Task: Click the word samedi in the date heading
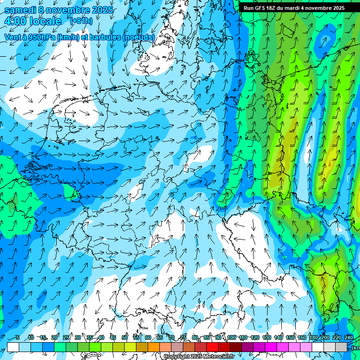(x=20, y=10)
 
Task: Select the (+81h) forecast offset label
(x=81, y=21)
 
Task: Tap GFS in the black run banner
(x=261, y=8)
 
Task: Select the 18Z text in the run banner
(x=271, y=8)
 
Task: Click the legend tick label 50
(x=125, y=337)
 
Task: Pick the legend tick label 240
(x=348, y=337)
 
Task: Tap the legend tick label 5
(x=18, y=337)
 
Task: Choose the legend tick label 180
(x=313, y=337)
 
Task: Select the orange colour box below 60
(x=154, y=347)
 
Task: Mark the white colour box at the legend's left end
(x=13, y=347)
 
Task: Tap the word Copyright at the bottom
(x=177, y=356)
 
